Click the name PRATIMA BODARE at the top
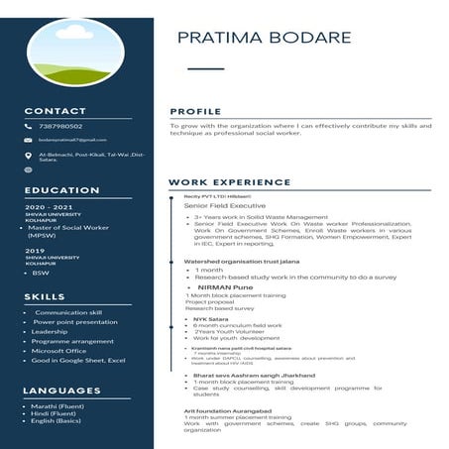pyautogui.click(x=264, y=38)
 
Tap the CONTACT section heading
pyautogui.click(x=55, y=111)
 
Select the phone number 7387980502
pyautogui.click(x=60, y=126)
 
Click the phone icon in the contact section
pyautogui.click(x=29, y=127)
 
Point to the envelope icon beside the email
pyautogui.click(x=29, y=141)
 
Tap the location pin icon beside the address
pyautogui.click(x=29, y=156)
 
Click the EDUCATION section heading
pyautogui.click(x=61, y=189)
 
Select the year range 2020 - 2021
pyautogui.click(x=50, y=206)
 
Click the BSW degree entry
pyautogui.click(x=41, y=273)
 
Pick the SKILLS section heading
pyautogui.click(x=45, y=296)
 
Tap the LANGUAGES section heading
pyautogui.click(x=62, y=390)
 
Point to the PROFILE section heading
pyautogui.click(x=195, y=111)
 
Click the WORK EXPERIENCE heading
pyautogui.click(x=229, y=182)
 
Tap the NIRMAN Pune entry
pyautogui.click(x=225, y=286)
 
